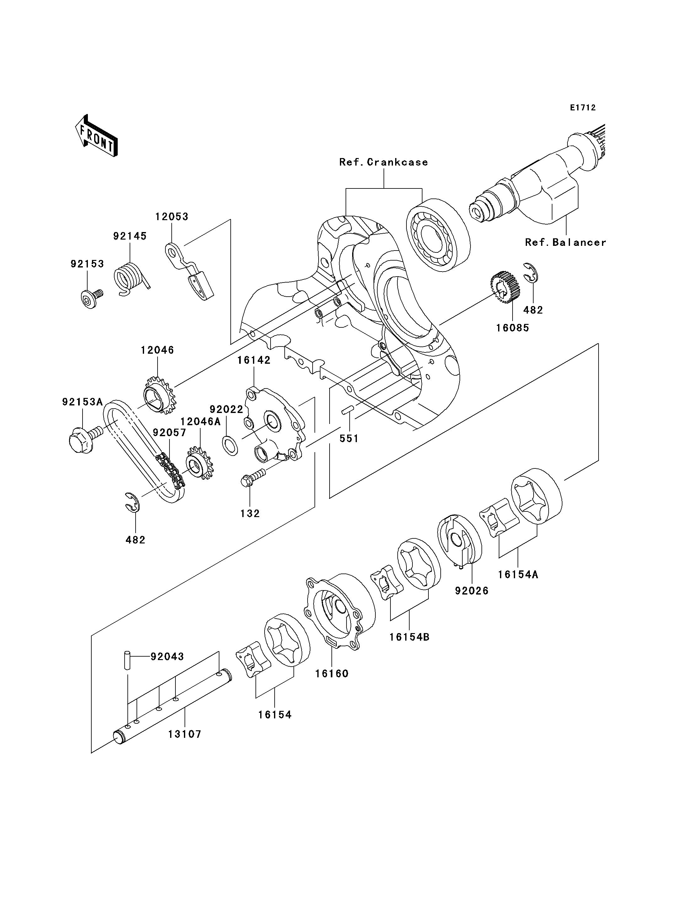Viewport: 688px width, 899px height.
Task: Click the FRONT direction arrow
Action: pos(96,135)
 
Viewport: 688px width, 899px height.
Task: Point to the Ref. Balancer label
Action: pos(566,242)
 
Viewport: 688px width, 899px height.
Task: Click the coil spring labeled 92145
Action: pos(131,278)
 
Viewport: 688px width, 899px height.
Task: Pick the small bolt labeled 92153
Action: pos(91,298)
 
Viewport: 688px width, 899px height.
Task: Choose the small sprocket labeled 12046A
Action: pos(200,463)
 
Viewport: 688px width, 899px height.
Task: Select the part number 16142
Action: pos(254,360)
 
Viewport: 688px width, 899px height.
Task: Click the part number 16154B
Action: pos(409,637)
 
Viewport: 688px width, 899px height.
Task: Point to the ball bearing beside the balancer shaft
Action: pos(438,236)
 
